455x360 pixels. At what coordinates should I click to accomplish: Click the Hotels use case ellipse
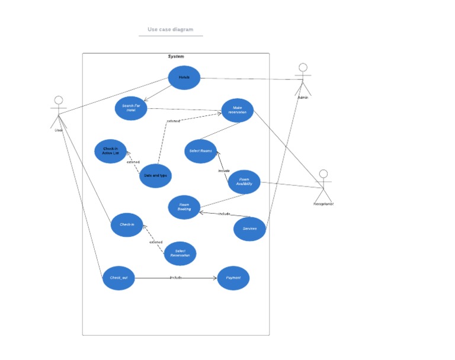point(184,78)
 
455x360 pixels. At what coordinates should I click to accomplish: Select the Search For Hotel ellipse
point(131,108)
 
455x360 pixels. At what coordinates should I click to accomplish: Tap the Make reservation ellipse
point(238,110)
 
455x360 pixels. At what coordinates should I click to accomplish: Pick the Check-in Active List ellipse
point(111,151)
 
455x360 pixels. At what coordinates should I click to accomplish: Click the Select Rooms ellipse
point(200,151)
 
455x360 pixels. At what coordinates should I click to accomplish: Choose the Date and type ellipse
point(156,176)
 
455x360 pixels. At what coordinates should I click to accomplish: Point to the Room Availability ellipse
point(244,182)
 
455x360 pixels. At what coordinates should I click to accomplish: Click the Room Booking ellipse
point(184,207)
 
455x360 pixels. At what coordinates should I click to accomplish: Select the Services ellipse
point(249,229)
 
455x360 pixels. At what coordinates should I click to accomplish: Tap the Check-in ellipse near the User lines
point(127,225)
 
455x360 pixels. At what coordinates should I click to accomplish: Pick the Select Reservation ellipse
point(180,253)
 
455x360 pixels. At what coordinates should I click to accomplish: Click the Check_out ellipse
point(118,278)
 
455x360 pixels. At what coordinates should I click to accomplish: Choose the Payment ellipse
point(233,278)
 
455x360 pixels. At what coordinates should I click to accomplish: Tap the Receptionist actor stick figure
point(323,185)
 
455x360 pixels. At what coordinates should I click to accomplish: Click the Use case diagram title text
point(171,30)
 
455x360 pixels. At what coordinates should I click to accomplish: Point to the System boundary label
point(176,57)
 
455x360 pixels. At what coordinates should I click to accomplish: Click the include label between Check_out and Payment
point(176,277)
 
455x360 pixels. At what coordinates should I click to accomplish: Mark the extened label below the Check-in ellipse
point(156,242)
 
